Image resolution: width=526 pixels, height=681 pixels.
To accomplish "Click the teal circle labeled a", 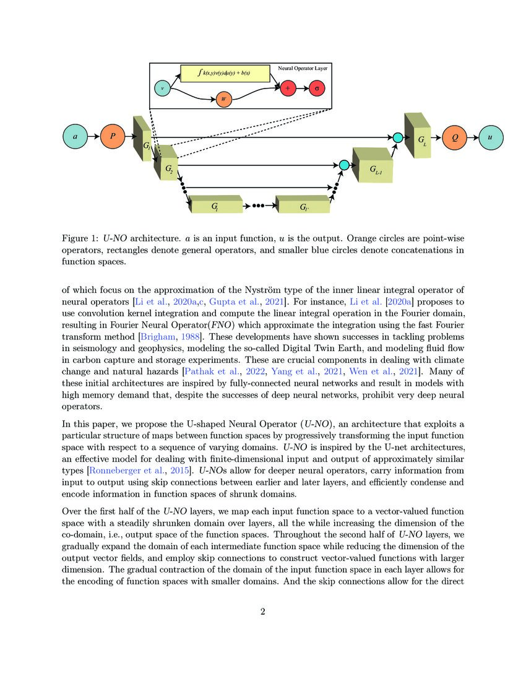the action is [x=75, y=136].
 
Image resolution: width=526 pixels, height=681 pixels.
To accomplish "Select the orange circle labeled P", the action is [x=113, y=136].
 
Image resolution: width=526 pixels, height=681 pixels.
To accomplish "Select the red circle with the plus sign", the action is [x=288, y=88].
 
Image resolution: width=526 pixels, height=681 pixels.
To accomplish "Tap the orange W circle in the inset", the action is [x=223, y=99].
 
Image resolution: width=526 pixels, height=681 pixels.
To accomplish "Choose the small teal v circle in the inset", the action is [x=162, y=89].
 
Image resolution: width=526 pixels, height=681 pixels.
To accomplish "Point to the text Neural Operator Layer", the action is [x=303, y=68].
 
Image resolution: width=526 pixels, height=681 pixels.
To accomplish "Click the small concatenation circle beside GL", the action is [x=398, y=137].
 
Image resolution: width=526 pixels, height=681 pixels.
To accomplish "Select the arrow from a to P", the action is [x=93, y=136].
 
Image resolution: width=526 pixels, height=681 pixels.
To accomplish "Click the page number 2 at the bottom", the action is [x=263, y=612].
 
